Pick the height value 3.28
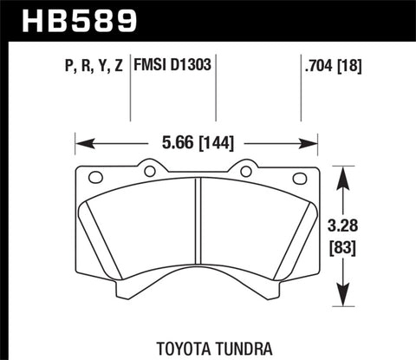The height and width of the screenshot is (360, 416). pyautogui.click(x=348, y=224)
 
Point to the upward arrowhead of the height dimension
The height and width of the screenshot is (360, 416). pyautogui.click(x=348, y=173)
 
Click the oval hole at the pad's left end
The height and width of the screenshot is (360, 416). pyautogui.click(x=95, y=178)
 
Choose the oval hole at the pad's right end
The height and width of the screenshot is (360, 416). pyautogui.click(x=301, y=178)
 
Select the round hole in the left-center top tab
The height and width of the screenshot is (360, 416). pyautogui.click(x=149, y=170)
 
